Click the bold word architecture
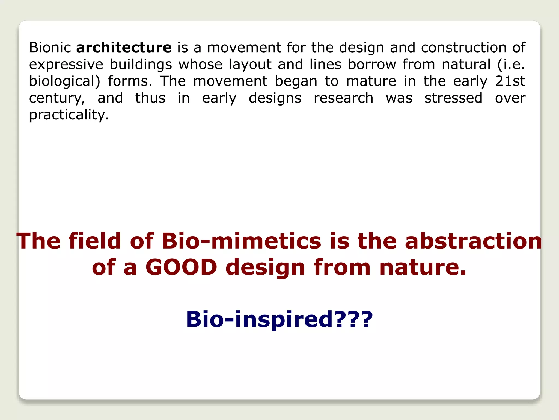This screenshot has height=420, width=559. pyautogui.click(x=124, y=48)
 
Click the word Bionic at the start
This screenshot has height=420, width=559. pyautogui.click(x=50, y=48)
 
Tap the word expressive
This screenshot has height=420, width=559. pyautogui.click(x=66, y=65)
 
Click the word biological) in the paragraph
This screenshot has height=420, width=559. pyautogui.click(x=65, y=81)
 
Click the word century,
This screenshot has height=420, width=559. pyautogui.click(x=57, y=98)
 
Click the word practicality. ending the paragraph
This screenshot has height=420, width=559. pyautogui.click(x=69, y=115)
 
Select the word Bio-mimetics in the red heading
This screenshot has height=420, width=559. pyautogui.click(x=242, y=241)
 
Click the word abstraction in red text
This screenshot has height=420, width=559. pyautogui.click(x=473, y=241)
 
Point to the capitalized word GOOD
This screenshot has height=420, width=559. pyautogui.click(x=181, y=267)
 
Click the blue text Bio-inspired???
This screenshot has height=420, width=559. pyautogui.click(x=279, y=319)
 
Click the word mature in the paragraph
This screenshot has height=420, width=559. pyautogui.click(x=371, y=81)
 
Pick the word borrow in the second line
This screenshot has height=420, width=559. pyautogui.click(x=372, y=65)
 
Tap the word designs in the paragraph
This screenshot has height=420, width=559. pyautogui.click(x=275, y=98)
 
